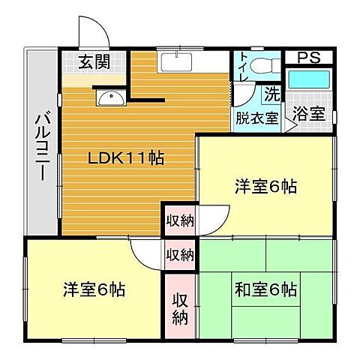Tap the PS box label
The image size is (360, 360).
pyautogui.click(x=310, y=58)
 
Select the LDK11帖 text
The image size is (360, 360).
pyautogui.click(x=127, y=158)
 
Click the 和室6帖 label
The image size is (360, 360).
pyautogui.click(x=265, y=289)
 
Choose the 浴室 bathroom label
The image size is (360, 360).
pyautogui.click(x=308, y=115)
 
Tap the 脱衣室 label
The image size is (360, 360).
pyautogui.click(x=256, y=117)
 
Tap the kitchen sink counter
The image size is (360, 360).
pyautogui.click(x=180, y=61)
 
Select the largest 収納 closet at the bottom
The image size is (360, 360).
pyautogui.click(x=180, y=308)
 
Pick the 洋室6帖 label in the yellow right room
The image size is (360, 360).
pyautogui.click(x=265, y=187)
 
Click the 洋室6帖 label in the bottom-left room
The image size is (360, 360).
pyautogui.click(x=94, y=289)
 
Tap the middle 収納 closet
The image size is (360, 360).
pyautogui.click(x=179, y=253)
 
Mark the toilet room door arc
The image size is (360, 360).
pyautogui.click(x=241, y=93)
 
